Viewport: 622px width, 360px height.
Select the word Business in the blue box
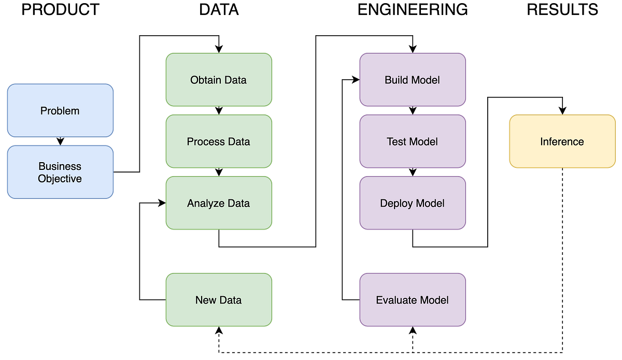click(60, 166)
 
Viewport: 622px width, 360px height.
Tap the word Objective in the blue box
click(60, 179)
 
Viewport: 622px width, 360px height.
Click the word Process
click(205, 141)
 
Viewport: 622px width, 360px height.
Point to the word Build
click(395, 80)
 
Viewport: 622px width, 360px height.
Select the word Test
click(397, 141)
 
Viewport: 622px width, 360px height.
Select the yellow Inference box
click(562, 141)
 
